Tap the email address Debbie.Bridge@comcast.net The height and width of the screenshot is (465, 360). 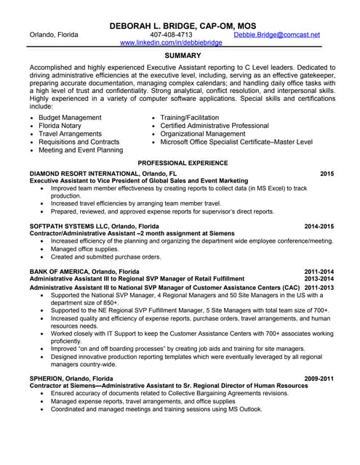[276, 35]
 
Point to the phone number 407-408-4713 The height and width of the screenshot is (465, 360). [171, 35]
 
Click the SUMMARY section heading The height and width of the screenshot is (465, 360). [179, 55]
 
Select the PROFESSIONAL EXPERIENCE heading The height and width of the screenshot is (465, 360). [183, 163]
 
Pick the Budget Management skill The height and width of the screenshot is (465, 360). [70, 117]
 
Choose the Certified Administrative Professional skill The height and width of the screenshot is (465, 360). [215, 126]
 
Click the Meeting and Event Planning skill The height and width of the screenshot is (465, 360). [81, 150]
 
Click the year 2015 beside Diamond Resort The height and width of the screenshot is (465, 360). [327, 174]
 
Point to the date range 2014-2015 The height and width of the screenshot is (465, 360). [319, 226]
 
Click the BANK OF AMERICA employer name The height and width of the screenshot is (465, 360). [58, 271]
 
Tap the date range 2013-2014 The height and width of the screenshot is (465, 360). [319, 278]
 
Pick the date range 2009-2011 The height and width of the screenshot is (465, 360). [319, 379]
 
